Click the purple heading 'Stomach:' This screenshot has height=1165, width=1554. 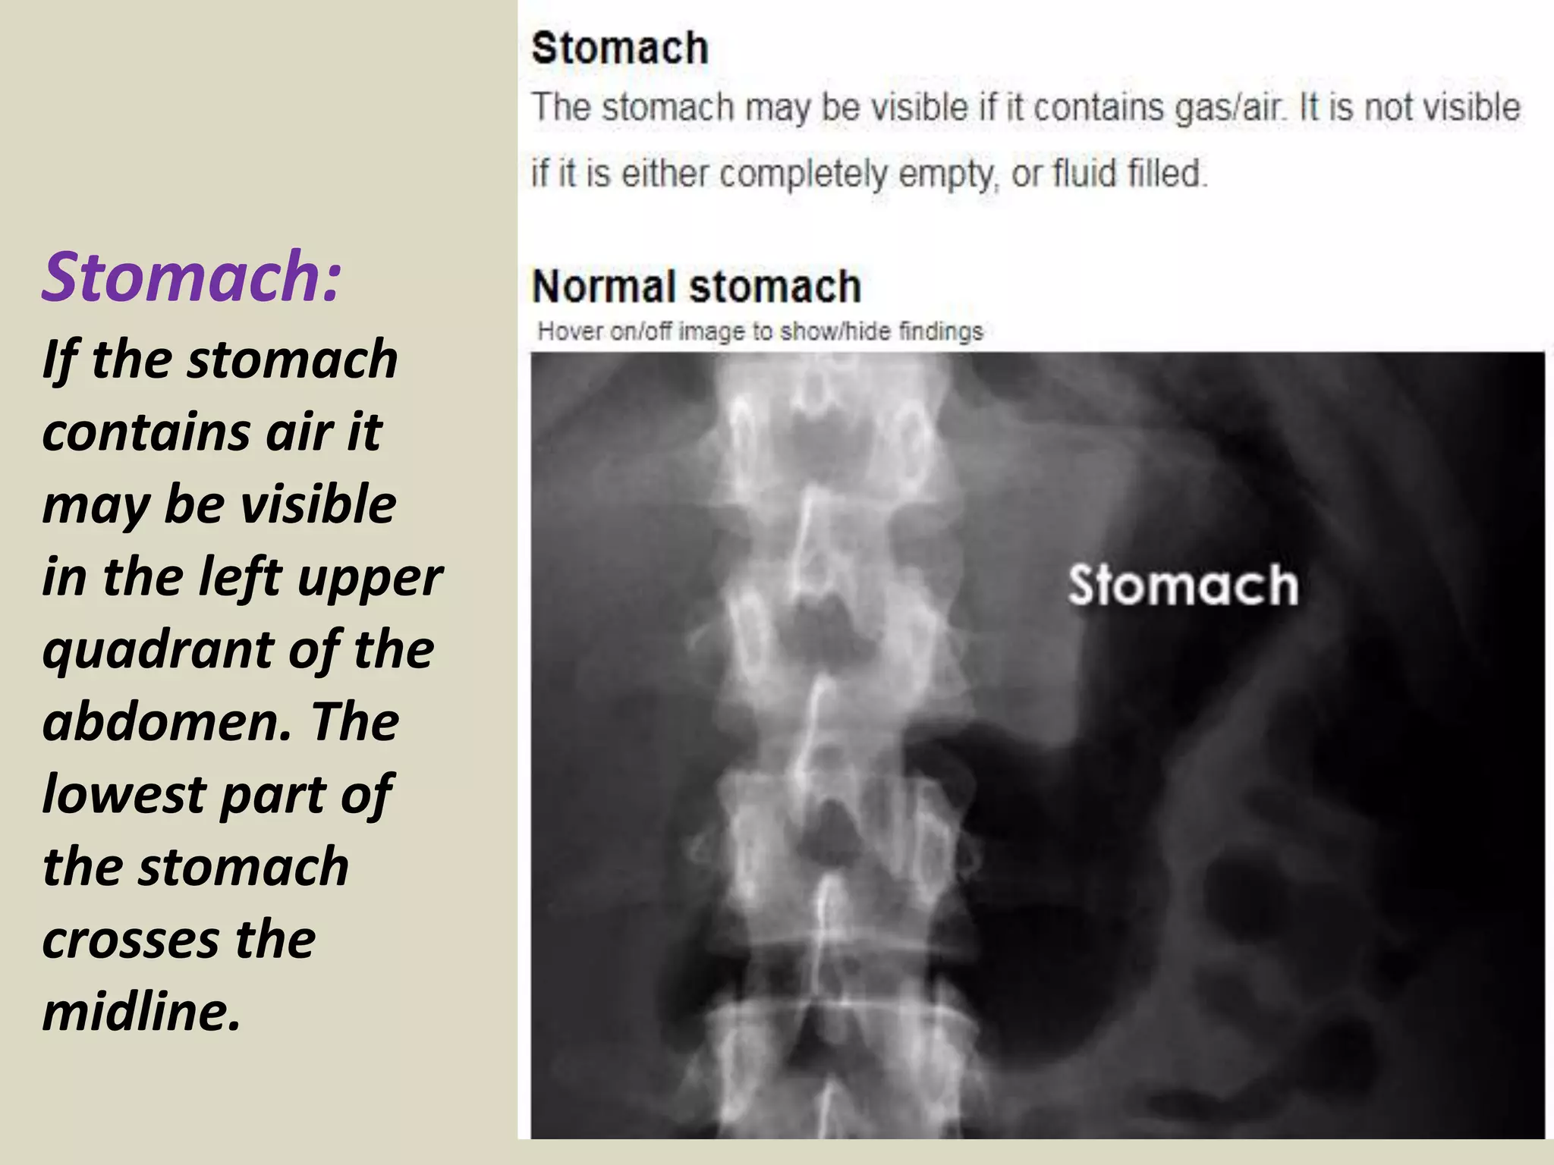(x=192, y=276)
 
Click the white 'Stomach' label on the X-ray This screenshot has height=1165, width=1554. (x=1182, y=586)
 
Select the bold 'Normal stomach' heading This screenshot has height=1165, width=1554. (x=697, y=287)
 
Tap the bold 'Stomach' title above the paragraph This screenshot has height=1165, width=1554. (x=620, y=48)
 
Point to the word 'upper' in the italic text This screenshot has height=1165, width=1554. (x=370, y=578)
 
